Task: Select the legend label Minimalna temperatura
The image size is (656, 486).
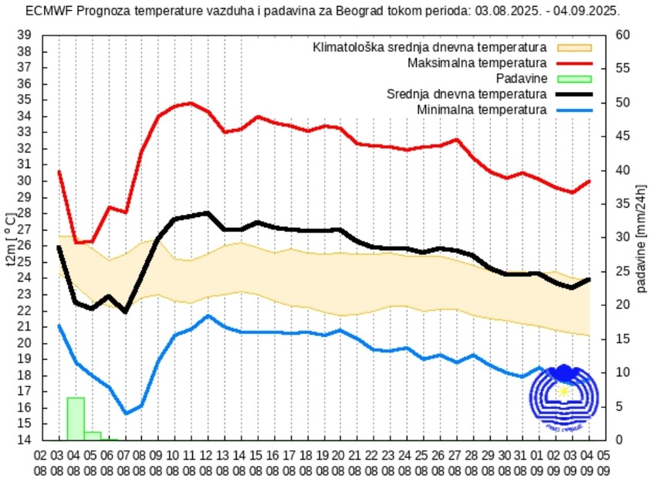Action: click(x=482, y=110)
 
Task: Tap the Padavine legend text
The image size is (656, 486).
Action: click(x=522, y=78)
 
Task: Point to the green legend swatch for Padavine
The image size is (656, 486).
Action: click(x=573, y=78)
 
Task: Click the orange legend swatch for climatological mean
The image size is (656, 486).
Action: click(x=573, y=47)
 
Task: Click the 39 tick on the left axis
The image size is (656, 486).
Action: click(x=24, y=36)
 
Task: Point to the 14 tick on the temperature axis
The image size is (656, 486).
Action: click(x=24, y=440)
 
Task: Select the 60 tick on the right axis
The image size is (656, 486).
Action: click(x=623, y=36)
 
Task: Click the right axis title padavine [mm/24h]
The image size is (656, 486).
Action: click(x=643, y=238)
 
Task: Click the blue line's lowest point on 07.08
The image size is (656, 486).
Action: click(x=125, y=413)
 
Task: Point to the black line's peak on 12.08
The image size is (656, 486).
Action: click(x=207, y=212)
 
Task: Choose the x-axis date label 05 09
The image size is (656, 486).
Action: click(x=606, y=463)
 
